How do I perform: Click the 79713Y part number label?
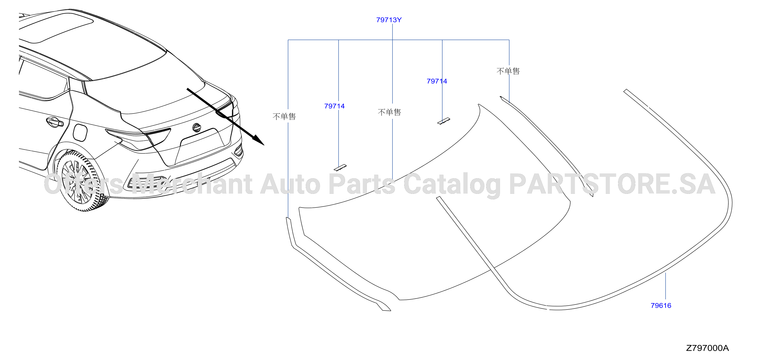click(x=389, y=20)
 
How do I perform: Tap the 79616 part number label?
click(x=661, y=306)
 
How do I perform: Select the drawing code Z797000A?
click(x=707, y=348)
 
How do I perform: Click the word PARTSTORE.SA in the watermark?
click(x=612, y=184)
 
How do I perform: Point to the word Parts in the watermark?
click(x=362, y=184)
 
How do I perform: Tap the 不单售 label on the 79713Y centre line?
click(x=389, y=112)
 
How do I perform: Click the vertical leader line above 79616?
click(x=665, y=286)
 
